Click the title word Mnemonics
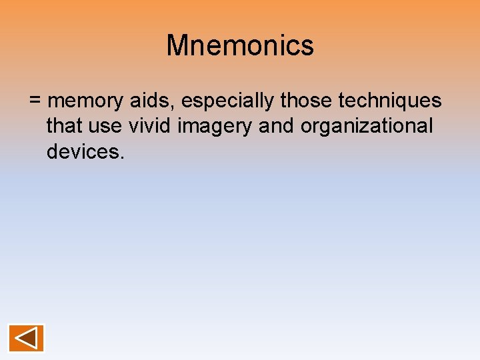240,46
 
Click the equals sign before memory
35,101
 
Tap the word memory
86,101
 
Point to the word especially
228,101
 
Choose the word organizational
367,127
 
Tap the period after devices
122,157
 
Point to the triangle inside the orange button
26,338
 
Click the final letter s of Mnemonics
307,47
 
